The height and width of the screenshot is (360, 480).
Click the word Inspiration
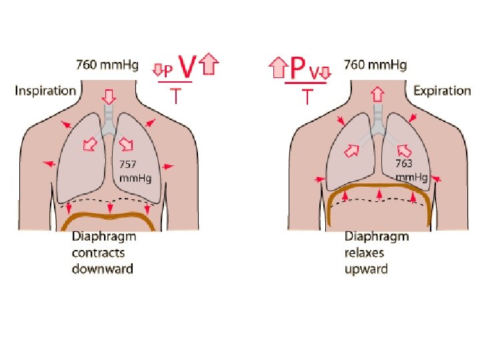pyautogui.click(x=45, y=91)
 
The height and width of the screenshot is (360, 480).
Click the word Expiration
pyautogui.click(x=441, y=91)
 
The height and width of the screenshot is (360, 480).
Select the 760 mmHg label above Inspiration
pyautogui.click(x=107, y=65)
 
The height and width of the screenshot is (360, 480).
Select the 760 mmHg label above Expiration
pyautogui.click(x=375, y=65)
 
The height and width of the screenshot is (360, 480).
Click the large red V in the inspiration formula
pyautogui.click(x=187, y=67)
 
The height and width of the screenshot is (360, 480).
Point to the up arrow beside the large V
pyautogui.click(x=210, y=65)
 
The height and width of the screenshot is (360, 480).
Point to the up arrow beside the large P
pyautogui.click(x=277, y=66)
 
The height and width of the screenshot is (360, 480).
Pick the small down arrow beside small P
pyautogui.click(x=158, y=69)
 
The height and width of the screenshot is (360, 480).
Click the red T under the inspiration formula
pyautogui.click(x=175, y=97)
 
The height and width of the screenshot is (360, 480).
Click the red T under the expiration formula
pyautogui.click(x=307, y=97)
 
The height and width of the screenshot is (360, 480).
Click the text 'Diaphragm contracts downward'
pyautogui.click(x=103, y=253)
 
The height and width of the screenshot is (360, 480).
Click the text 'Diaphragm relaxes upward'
pyautogui.click(x=376, y=253)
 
